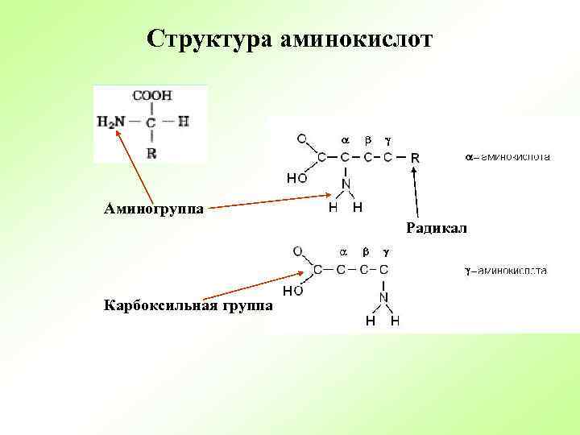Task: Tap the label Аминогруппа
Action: (154, 209)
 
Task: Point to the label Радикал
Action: (437, 229)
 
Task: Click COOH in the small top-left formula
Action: (152, 95)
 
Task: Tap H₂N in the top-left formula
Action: (111, 122)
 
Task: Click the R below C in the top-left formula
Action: (151, 152)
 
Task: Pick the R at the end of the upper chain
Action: (415, 157)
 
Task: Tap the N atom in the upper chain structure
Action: (346, 184)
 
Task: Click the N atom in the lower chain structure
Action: (383, 297)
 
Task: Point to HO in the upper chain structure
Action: (296, 177)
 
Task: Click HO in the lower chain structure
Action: (291, 289)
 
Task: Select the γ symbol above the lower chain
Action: (386, 252)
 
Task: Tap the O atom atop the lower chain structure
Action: (297, 251)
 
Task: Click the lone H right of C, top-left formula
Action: (183, 122)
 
